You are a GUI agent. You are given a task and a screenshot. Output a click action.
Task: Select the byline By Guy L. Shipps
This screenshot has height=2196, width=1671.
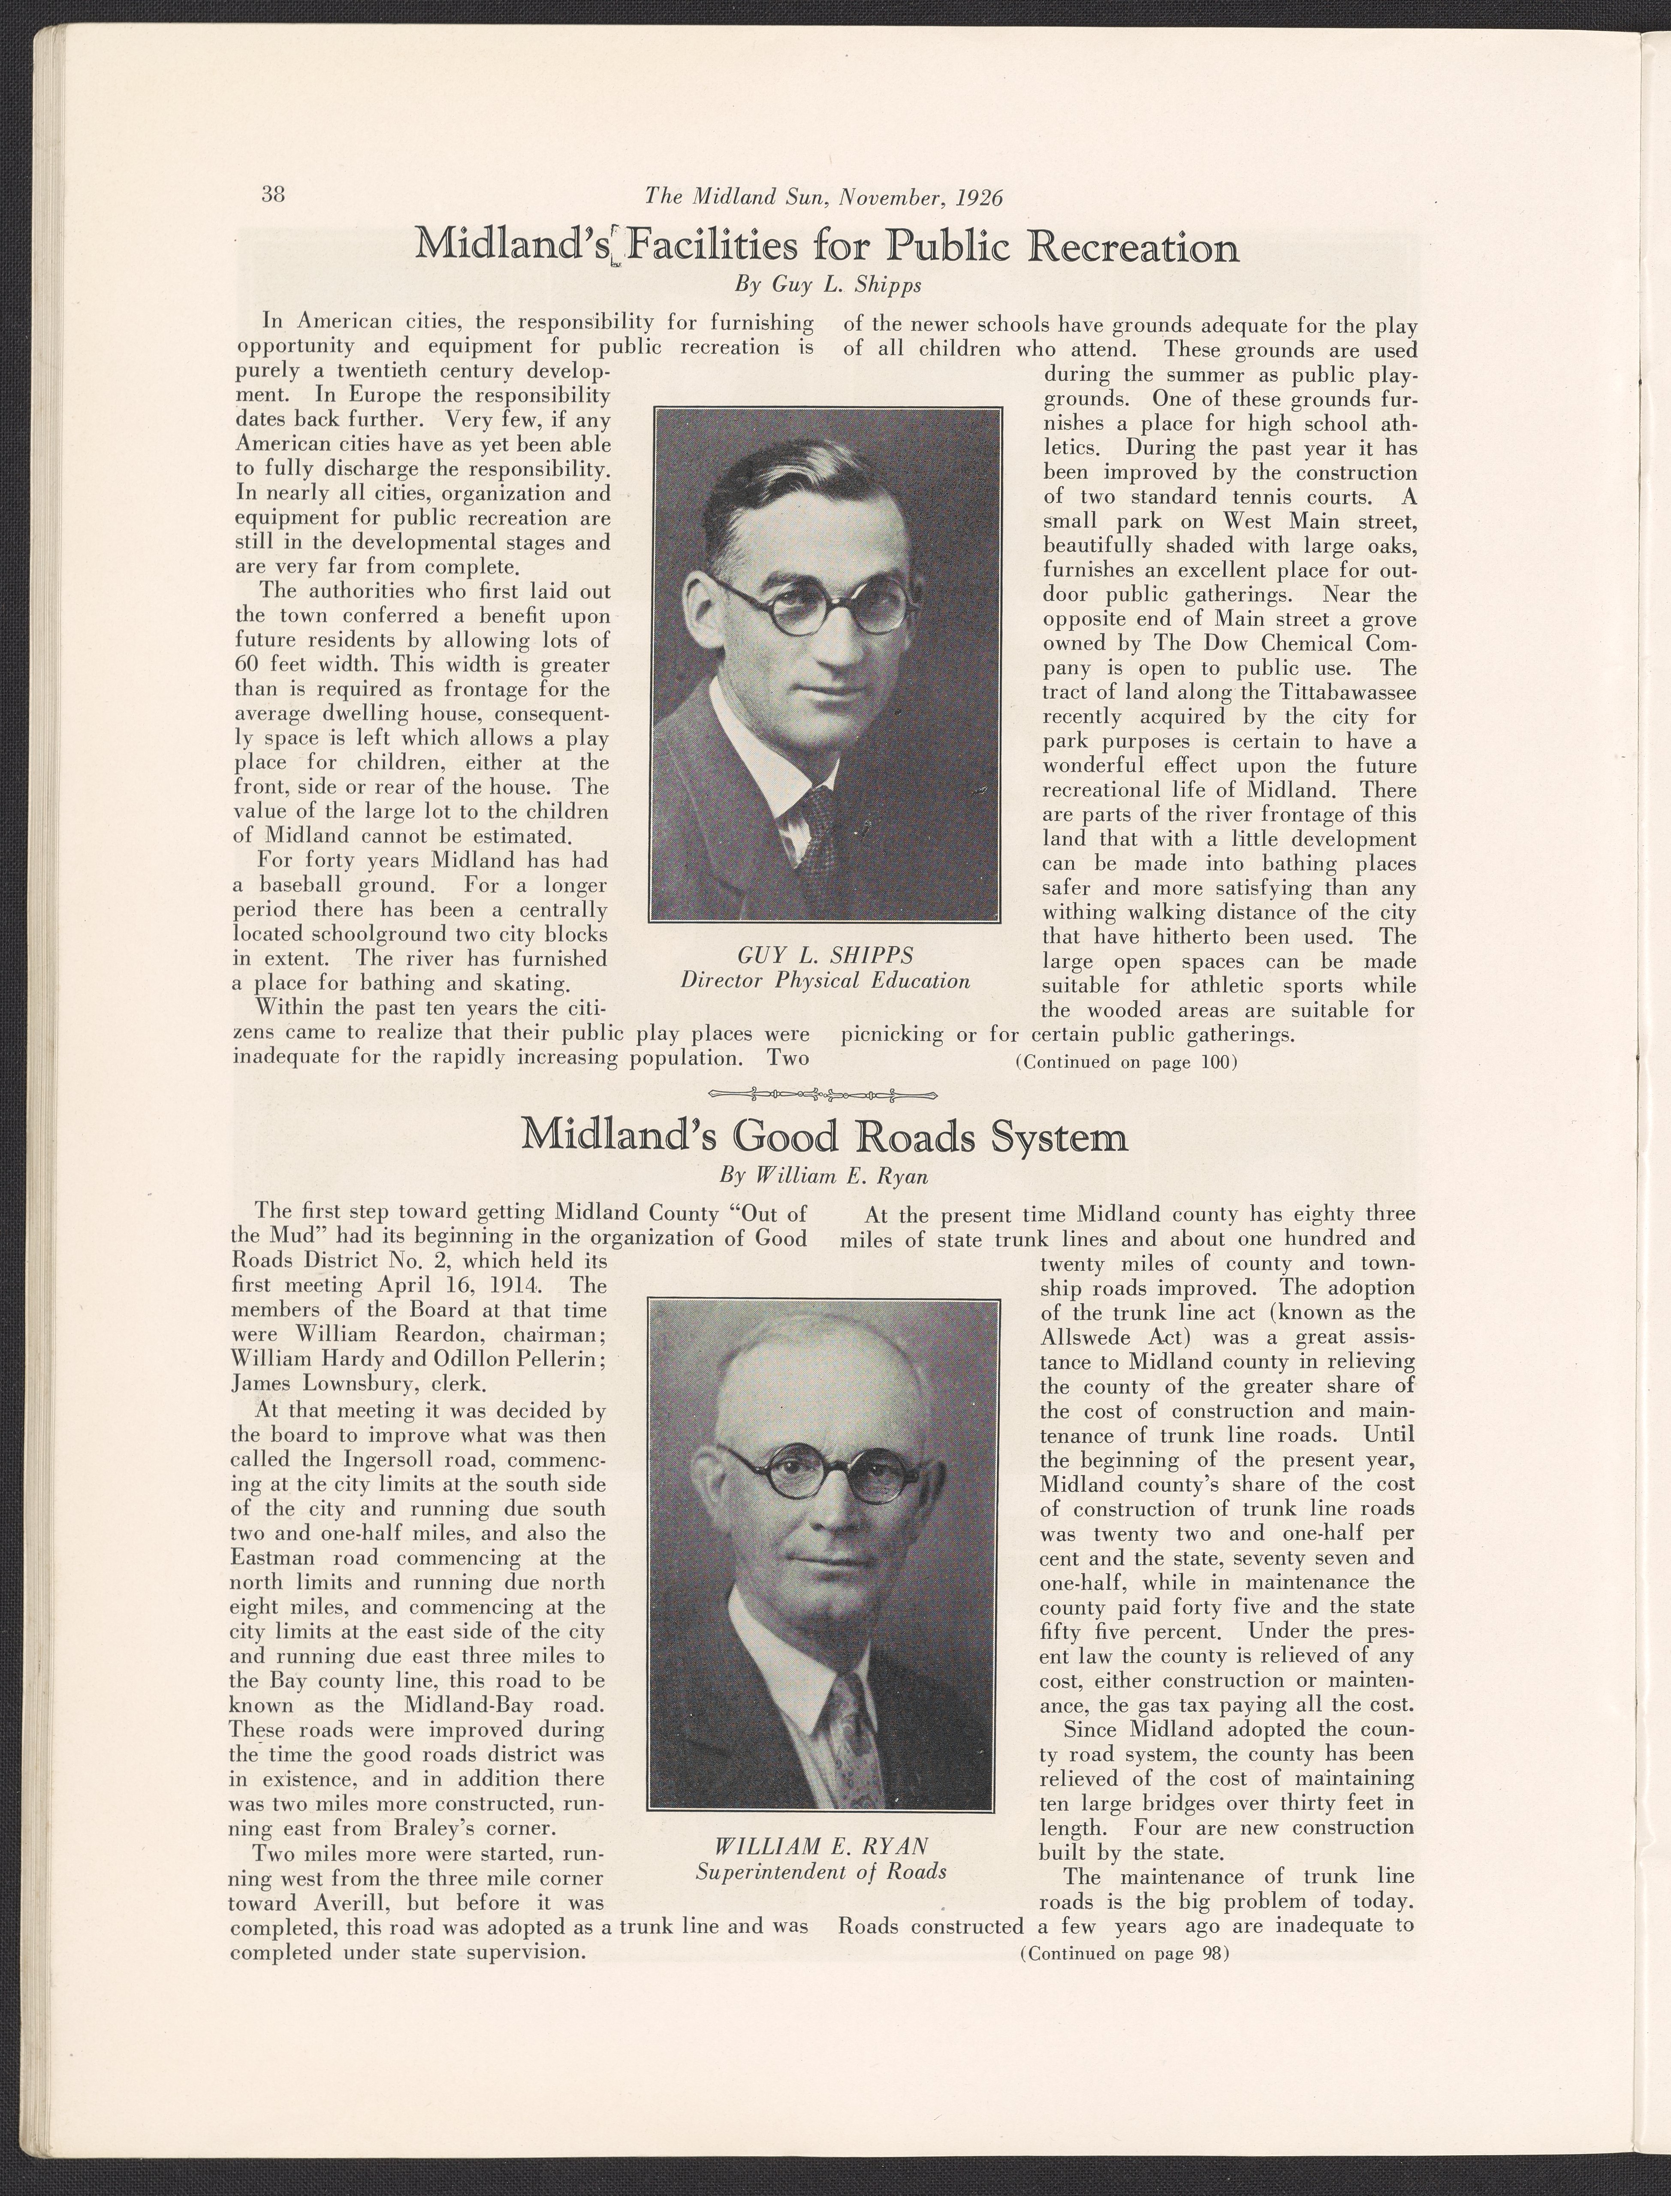pos(827,286)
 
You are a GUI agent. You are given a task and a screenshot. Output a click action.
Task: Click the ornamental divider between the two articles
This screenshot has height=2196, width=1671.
pos(826,1096)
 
